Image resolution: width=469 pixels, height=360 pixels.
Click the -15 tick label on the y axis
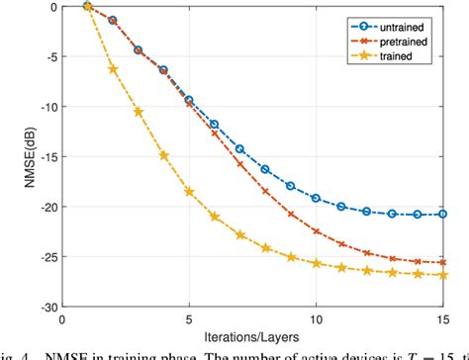coord(43,156)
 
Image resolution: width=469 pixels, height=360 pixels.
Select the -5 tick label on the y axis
coord(46,55)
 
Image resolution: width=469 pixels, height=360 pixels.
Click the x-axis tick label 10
coord(316,319)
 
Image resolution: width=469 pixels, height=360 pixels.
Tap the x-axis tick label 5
coord(189,319)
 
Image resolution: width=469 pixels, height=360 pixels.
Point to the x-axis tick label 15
coord(441,319)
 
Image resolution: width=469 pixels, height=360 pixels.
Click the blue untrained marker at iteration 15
coord(442,214)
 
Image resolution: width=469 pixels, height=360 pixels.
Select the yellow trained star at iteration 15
coord(442,275)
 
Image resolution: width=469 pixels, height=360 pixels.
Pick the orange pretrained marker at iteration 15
coord(442,262)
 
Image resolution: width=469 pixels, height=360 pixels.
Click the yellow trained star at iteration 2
coord(113,69)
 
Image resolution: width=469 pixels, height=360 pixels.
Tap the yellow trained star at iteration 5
coord(189,192)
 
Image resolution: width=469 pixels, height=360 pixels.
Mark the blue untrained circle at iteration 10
coord(316,198)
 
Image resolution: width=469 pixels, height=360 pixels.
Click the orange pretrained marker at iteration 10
coord(316,231)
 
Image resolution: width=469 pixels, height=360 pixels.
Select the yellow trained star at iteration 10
coord(316,263)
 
